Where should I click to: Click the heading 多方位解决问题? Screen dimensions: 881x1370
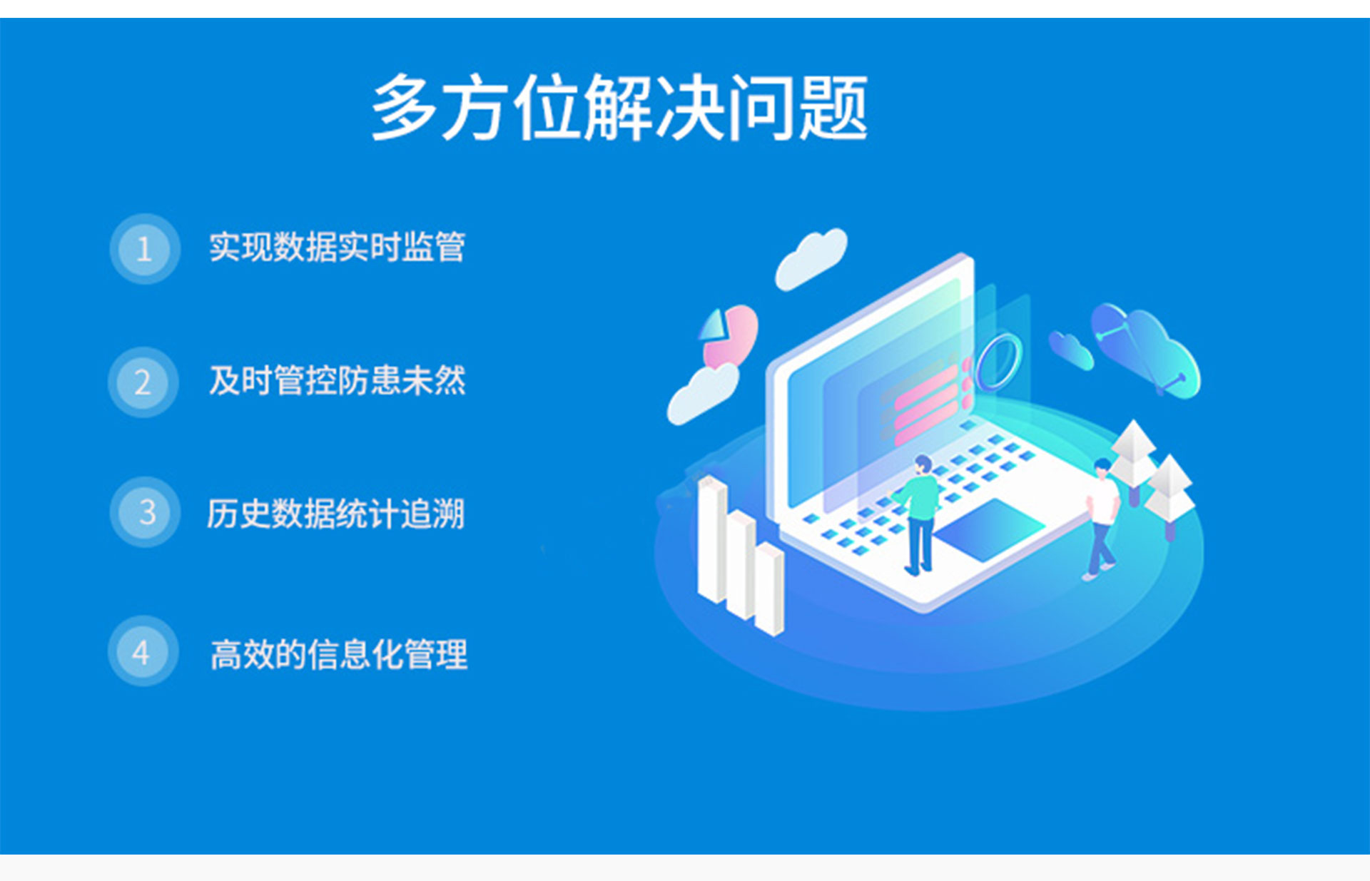coord(619,108)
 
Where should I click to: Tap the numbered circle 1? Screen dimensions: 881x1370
coord(144,249)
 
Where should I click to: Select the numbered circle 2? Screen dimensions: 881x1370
coord(143,382)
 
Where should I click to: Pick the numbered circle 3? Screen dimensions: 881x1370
coord(146,512)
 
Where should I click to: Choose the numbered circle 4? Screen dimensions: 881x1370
coord(142,652)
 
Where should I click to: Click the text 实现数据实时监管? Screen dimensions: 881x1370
coord(337,248)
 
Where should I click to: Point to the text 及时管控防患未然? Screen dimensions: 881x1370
coord(337,380)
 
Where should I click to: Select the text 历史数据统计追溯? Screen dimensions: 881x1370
coord(335,514)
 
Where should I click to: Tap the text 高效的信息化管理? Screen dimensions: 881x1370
coord(339,654)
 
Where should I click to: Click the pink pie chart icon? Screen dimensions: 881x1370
coord(730,334)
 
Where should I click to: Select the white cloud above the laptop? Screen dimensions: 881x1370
coord(811,258)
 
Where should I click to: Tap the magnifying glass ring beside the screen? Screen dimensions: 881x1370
coord(999,362)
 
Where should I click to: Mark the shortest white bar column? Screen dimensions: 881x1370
coord(769,588)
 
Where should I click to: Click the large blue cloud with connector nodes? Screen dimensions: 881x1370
coord(1146,349)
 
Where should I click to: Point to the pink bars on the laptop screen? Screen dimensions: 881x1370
coord(927,400)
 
